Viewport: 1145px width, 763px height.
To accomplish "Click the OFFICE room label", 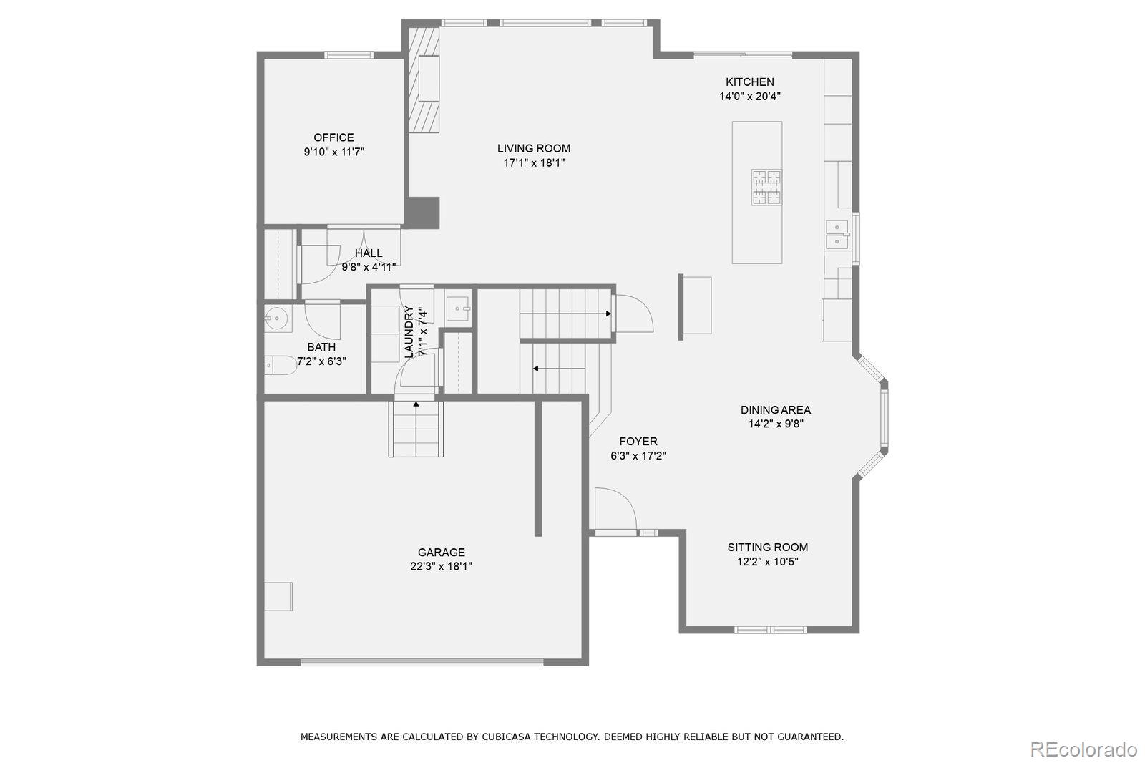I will (x=333, y=137).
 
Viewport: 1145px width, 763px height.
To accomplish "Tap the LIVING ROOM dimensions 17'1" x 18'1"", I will (x=534, y=163).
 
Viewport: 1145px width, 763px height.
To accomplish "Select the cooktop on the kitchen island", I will (x=766, y=187).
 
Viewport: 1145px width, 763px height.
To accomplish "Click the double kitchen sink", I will (x=837, y=234).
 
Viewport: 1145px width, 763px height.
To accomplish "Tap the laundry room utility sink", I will (x=458, y=308).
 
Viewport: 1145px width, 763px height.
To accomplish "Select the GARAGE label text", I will (x=442, y=552).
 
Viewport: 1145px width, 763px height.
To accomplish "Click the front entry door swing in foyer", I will (x=614, y=510).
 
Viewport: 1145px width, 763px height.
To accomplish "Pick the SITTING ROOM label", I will (x=768, y=548).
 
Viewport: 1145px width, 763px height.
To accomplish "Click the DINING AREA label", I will (x=776, y=410).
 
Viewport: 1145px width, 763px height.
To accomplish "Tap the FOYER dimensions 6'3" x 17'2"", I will (x=638, y=456).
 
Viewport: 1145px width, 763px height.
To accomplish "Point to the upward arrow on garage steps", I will (x=416, y=406).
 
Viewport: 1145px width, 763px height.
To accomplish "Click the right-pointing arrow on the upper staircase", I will (x=607, y=314).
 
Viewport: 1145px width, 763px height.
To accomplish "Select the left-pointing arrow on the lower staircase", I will (x=535, y=369).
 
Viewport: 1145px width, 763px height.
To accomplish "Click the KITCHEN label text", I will (x=749, y=82).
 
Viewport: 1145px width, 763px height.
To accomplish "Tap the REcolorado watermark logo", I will (x=1083, y=749).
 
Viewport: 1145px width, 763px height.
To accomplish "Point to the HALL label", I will (x=369, y=253).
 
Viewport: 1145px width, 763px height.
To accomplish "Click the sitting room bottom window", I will (x=771, y=630).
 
